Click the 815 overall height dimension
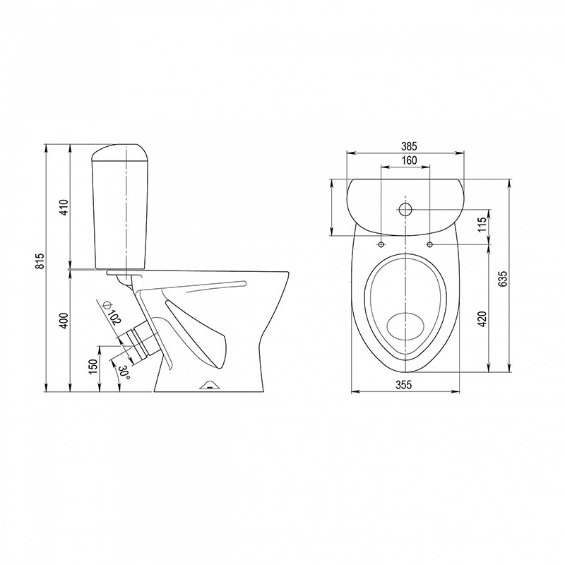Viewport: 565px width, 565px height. click(x=41, y=261)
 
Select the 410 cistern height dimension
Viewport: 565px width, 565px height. click(x=64, y=207)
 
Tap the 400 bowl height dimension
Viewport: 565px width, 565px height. click(x=64, y=321)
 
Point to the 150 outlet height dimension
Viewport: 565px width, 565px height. click(x=93, y=367)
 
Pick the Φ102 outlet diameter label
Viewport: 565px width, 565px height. click(x=112, y=313)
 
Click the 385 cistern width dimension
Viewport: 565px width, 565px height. click(x=409, y=146)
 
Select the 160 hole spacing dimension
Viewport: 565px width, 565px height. click(x=409, y=160)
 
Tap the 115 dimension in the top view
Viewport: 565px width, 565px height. click(x=483, y=225)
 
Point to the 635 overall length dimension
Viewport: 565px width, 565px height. click(x=503, y=278)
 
